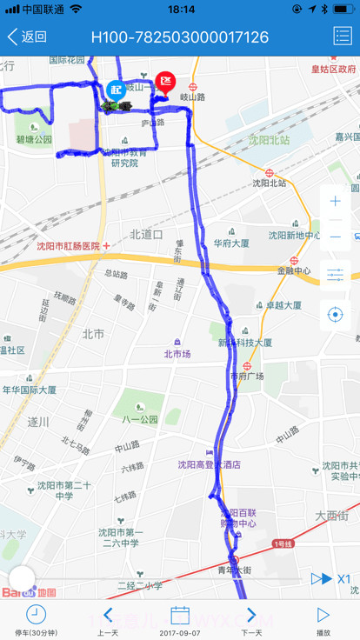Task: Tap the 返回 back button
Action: click(27, 37)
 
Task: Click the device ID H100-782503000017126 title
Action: click(180, 37)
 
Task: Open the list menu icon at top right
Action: click(342, 37)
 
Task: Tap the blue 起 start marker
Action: click(116, 89)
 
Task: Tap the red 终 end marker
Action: click(165, 83)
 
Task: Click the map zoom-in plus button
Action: click(336, 201)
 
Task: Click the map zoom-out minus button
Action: click(336, 237)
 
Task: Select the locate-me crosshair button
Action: click(336, 314)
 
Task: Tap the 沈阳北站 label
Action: click(269, 183)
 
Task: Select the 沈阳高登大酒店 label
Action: click(209, 464)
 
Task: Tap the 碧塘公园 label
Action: click(34, 139)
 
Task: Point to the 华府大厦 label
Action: click(231, 243)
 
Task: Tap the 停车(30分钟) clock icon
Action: click(36, 616)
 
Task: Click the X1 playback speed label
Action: click(343, 578)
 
